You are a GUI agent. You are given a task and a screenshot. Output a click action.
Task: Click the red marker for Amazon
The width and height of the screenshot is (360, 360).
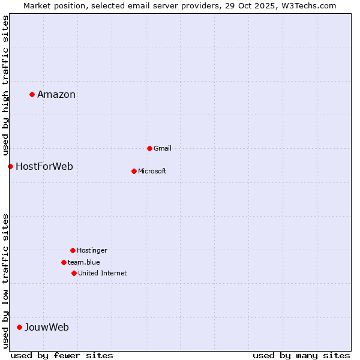(x=32, y=94)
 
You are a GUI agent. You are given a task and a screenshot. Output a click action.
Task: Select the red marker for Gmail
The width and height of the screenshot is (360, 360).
(x=149, y=148)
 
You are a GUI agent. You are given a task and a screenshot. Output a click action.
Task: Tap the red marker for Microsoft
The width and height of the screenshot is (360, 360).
(x=134, y=171)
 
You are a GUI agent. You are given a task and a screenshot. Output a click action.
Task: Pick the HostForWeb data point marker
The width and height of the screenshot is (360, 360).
(x=10, y=166)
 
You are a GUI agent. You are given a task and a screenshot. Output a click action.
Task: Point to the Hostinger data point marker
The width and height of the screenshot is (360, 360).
(x=73, y=250)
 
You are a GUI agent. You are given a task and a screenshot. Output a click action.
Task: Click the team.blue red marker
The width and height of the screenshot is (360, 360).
(x=64, y=262)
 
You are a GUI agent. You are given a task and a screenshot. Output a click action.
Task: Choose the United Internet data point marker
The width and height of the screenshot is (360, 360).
(x=74, y=273)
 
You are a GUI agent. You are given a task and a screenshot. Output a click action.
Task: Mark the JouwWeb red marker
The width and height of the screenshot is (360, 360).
(x=19, y=327)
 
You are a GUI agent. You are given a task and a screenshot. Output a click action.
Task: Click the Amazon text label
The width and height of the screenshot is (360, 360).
(x=56, y=94)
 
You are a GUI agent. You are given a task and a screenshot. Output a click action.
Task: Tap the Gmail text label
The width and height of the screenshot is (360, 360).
(x=163, y=148)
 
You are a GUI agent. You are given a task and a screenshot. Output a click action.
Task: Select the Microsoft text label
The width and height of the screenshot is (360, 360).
(x=152, y=171)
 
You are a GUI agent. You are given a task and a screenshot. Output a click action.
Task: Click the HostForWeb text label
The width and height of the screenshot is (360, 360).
(x=44, y=166)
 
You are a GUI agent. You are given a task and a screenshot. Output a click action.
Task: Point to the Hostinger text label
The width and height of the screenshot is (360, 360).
(x=92, y=250)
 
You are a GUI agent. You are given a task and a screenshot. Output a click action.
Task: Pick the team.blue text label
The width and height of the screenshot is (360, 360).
(x=84, y=262)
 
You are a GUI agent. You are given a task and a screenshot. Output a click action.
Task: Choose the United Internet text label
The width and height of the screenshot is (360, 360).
(x=103, y=273)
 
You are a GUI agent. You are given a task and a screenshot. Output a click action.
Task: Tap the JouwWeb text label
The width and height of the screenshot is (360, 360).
(x=47, y=327)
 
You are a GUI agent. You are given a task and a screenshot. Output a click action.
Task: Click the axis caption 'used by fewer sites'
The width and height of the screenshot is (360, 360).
(x=62, y=355)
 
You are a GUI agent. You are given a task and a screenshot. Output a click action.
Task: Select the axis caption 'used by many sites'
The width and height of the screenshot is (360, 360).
(x=301, y=355)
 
